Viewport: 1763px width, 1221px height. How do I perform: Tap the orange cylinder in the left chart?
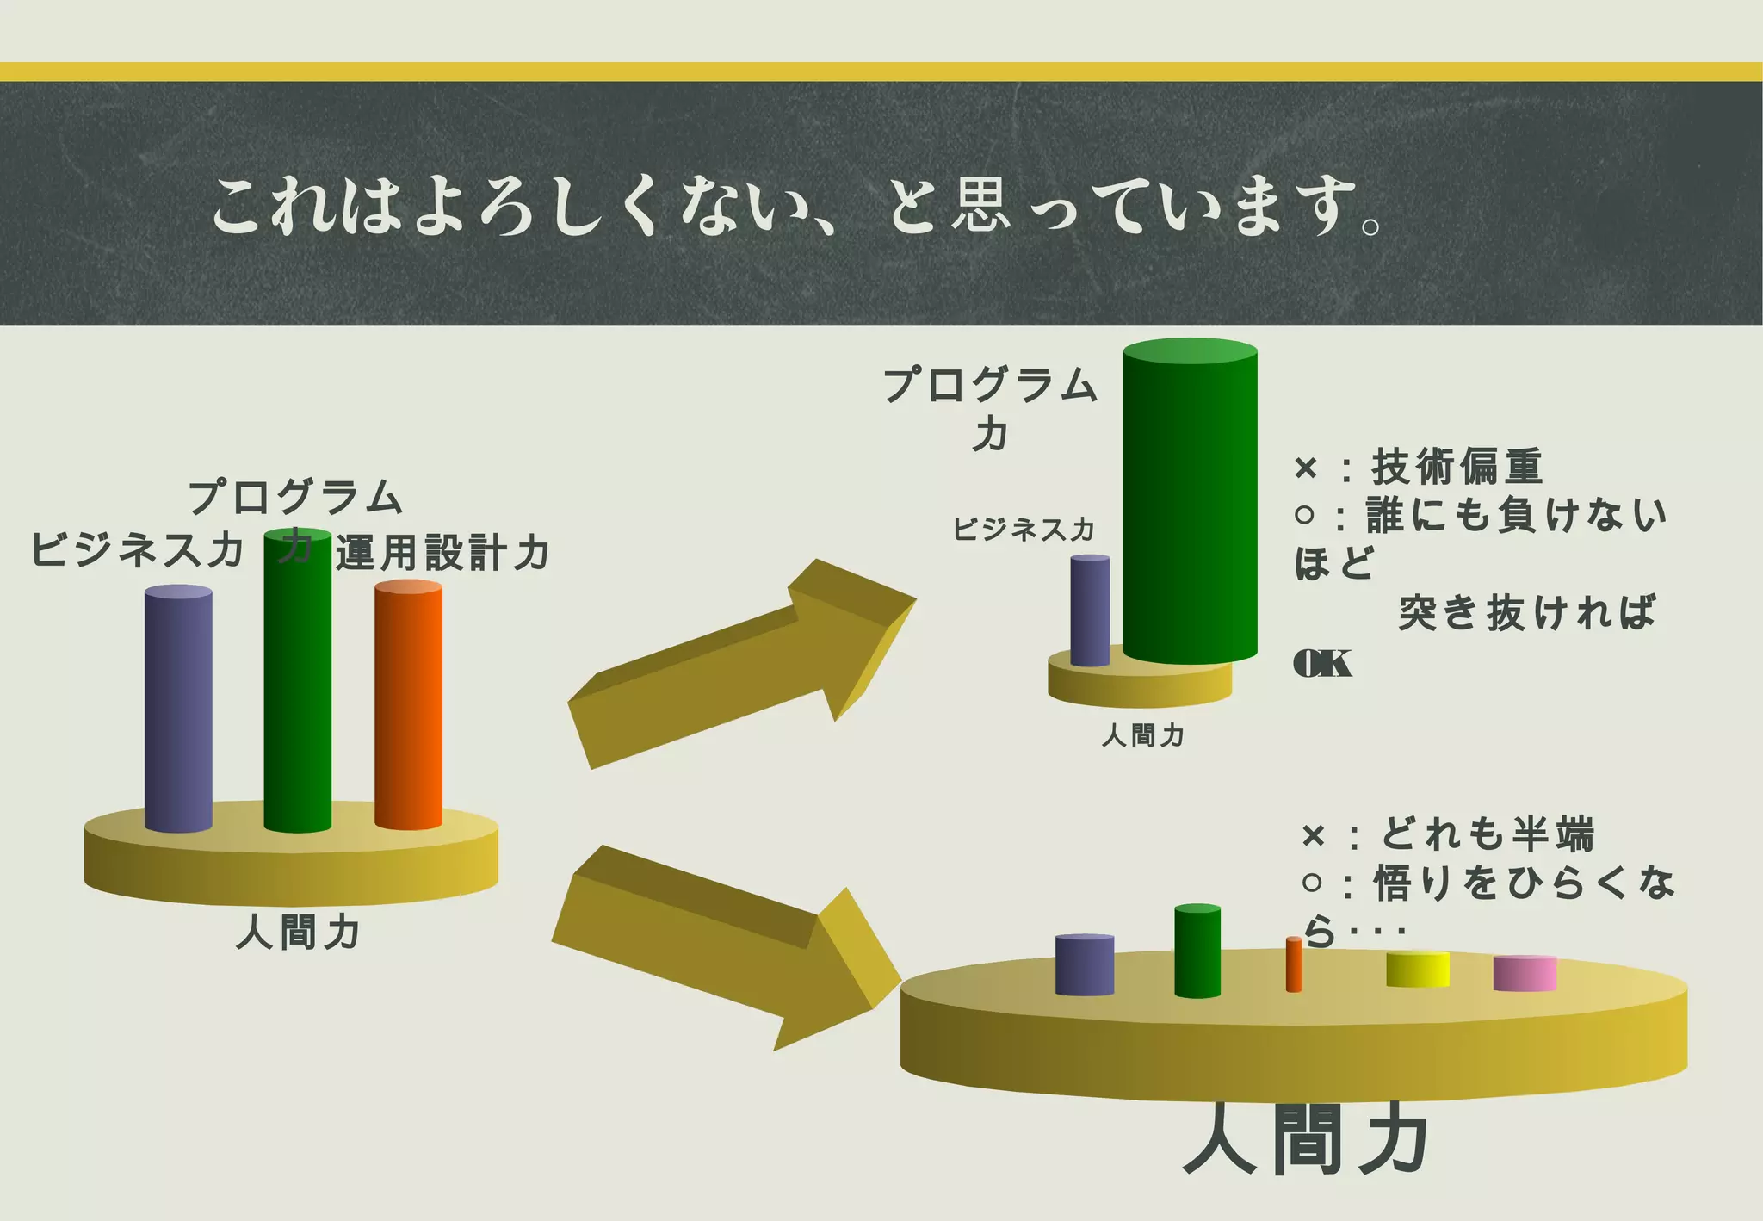pos(408,706)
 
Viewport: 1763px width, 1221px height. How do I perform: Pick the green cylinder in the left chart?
pos(297,689)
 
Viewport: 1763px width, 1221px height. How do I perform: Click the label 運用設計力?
pos(442,553)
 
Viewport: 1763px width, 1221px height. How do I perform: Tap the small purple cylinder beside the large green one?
pos(1090,610)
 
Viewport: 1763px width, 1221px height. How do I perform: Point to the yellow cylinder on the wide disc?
pos(1417,969)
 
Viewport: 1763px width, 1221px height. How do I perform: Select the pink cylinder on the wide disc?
pos(1525,973)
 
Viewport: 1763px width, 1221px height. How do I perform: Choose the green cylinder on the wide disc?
pos(1197,951)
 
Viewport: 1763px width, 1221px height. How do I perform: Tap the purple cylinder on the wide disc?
pos(1085,964)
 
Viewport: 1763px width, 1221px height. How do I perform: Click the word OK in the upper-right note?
pos(1322,664)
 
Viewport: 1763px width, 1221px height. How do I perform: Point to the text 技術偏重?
pos(1457,467)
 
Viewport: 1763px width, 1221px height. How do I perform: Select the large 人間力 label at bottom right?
pos(1307,1141)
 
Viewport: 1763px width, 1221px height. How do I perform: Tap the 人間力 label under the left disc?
pos(297,933)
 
